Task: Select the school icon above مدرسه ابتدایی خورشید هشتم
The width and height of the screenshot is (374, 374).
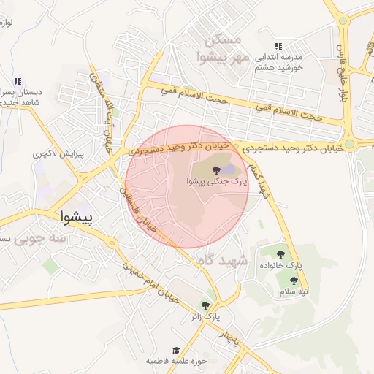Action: tap(278, 45)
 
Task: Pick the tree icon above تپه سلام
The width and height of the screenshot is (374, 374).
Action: tap(294, 280)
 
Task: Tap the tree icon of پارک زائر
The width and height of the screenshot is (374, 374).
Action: tap(205, 305)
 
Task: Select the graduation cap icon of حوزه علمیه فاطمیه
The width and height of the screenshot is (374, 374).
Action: tap(175, 351)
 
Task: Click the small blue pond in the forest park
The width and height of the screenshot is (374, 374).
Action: tap(229, 170)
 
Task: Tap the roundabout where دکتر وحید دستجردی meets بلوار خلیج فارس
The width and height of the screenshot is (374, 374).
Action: tap(350, 145)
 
